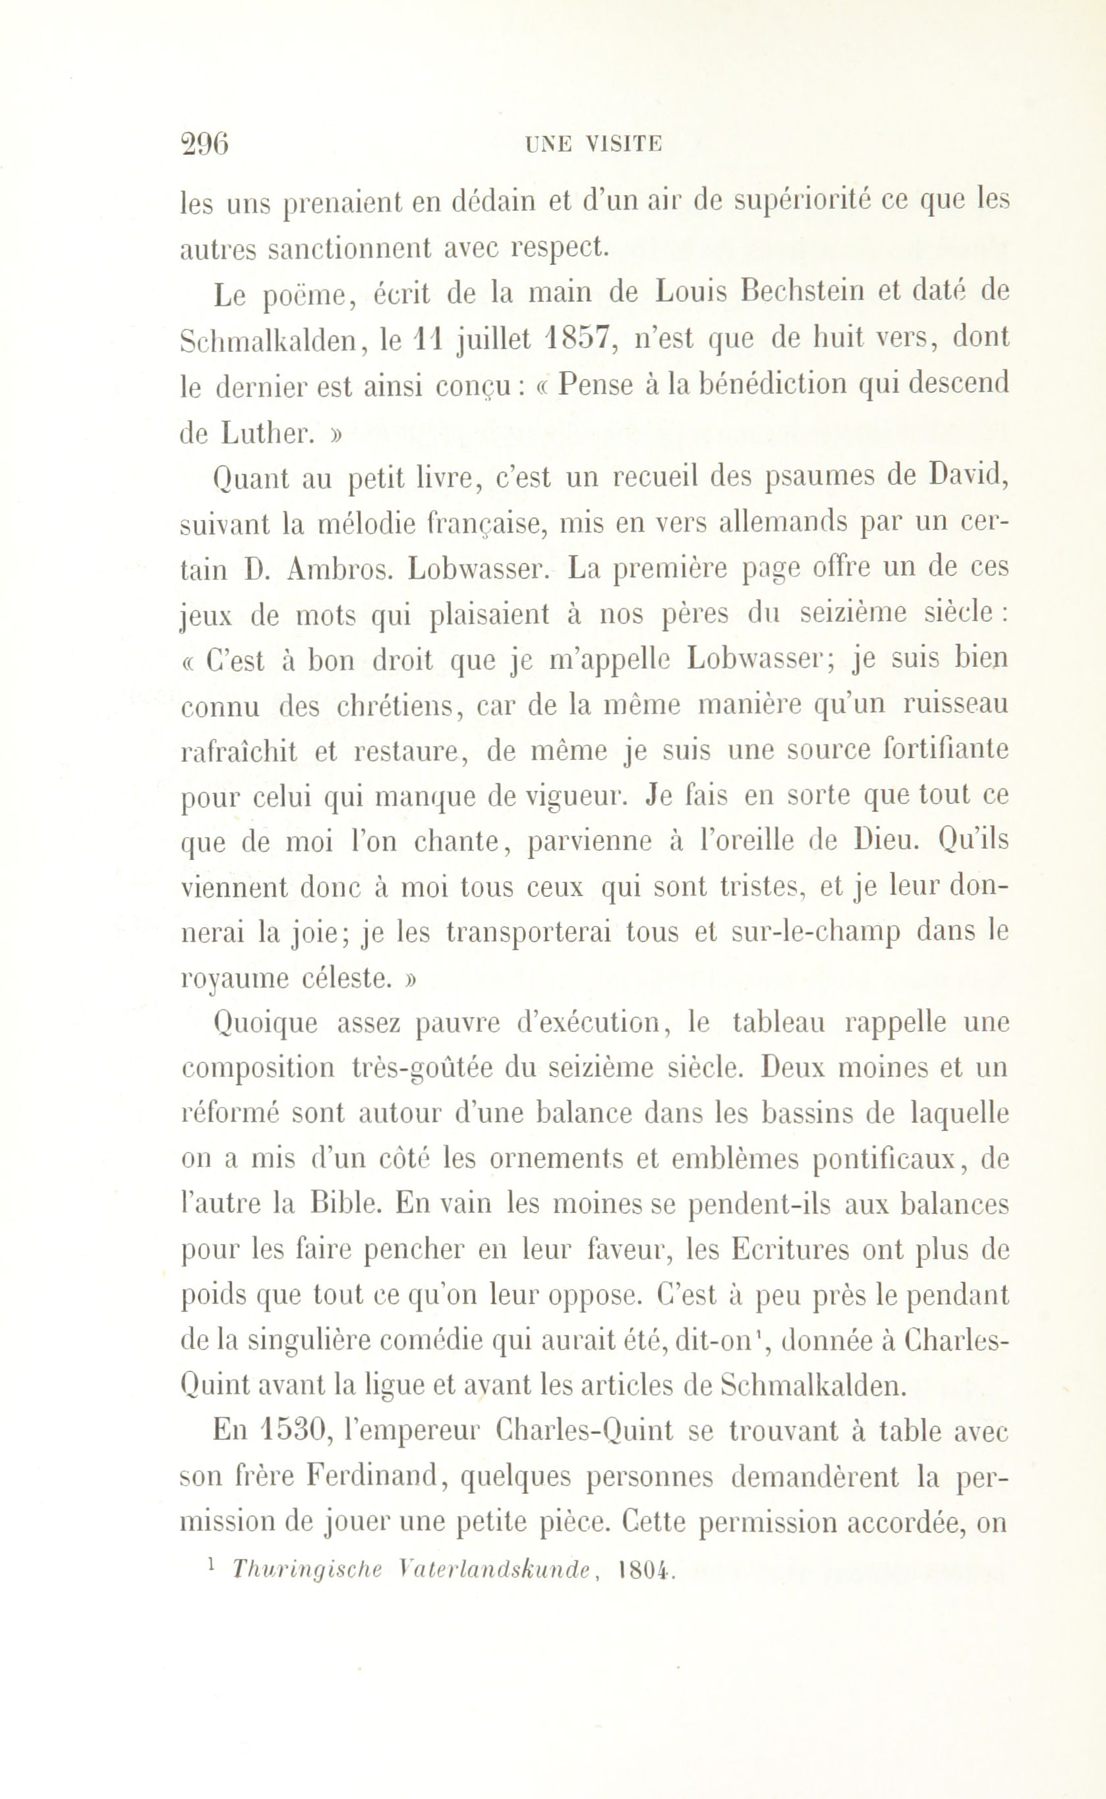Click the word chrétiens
pyautogui.click(x=397, y=706)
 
